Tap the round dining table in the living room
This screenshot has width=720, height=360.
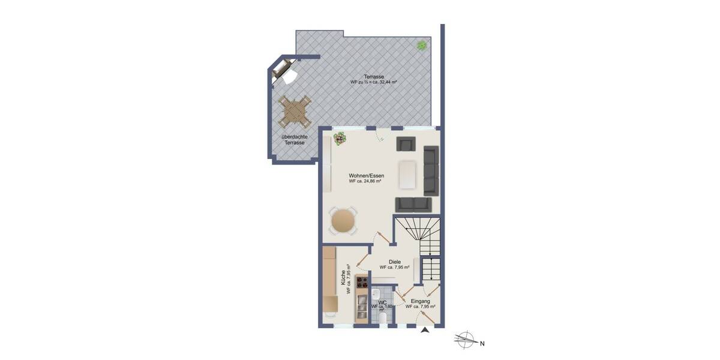point(343,220)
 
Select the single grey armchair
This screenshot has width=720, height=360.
point(406,144)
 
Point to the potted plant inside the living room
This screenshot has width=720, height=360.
point(340,139)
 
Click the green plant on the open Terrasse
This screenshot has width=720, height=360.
point(422,44)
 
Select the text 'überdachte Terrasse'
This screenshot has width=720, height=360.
point(295,140)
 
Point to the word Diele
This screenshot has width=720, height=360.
point(394,262)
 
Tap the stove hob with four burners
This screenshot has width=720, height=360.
point(362,281)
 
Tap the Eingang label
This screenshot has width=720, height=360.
point(420,301)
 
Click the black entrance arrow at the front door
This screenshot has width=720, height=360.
point(425,329)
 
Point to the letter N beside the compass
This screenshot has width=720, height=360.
point(481,344)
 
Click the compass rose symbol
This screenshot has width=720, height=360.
point(464,340)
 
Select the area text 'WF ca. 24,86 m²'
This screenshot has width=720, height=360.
point(366,181)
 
